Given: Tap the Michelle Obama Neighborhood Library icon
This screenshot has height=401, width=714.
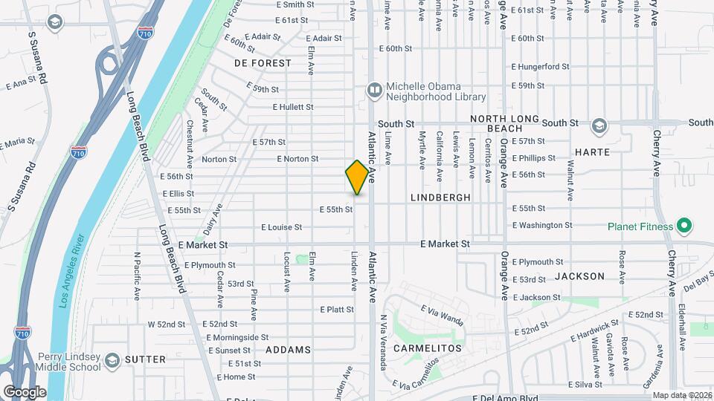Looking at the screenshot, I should pyautogui.click(x=374, y=91).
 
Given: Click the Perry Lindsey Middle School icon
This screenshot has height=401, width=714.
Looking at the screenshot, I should pyautogui.click(x=112, y=360).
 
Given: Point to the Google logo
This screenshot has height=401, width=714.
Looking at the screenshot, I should pyautogui.click(x=25, y=391).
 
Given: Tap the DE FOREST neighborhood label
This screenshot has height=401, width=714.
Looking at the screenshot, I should pyautogui.click(x=263, y=63).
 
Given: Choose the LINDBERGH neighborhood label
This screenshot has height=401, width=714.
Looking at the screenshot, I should pyautogui.click(x=440, y=198).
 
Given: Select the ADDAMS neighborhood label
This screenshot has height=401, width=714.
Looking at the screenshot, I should pyautogui.click(x=287, y=350).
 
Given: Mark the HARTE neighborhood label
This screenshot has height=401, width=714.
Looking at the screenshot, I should pyautogui.click(x=592, y=152).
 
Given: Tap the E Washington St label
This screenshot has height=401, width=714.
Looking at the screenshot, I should pyautogui.click(x=542, y=225).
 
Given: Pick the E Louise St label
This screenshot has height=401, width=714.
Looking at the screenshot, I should pyautogui.click(x=281, y=227).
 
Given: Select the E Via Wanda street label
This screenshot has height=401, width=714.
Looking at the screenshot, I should pyautogui.click(x=442, y=314).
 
